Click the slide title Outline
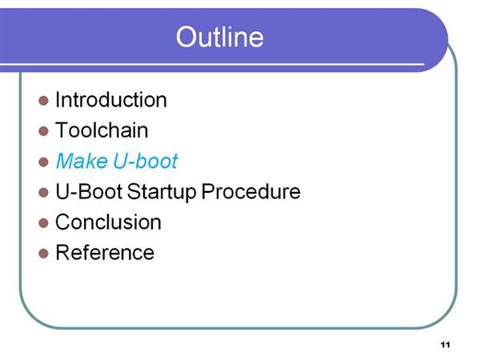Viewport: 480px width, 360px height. point(219,37)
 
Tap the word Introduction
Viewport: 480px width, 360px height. point(111,100)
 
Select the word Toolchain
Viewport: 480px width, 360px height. point(102,130)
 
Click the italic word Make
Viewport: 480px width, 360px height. point(82,161)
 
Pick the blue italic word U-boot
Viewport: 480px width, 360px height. point(146,161)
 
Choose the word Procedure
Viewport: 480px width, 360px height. point(250,191)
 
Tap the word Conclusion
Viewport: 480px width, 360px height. point(108,222)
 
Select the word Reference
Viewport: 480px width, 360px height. point(105,253)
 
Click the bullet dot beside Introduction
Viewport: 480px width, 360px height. point(43,101)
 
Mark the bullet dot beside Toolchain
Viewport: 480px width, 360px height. point(43,131)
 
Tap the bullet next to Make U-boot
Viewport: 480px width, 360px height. point(43,162)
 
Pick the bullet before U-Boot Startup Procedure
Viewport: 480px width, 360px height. point(43,193)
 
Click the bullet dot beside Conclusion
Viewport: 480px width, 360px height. point(43,223)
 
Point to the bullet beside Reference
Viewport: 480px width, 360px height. point(43,254)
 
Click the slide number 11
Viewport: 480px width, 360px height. point(446,345)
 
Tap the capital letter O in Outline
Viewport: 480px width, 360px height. point(186,37)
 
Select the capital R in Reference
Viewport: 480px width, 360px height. point(62,253)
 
